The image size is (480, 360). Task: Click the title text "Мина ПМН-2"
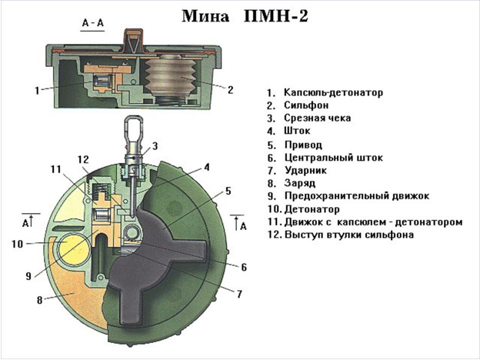coord(245,16)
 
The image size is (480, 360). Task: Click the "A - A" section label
coord(92,24)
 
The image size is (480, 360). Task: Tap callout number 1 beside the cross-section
coord(36,90)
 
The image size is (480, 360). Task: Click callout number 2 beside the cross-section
coord(230,89)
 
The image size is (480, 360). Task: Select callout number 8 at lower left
coord(38,301)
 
